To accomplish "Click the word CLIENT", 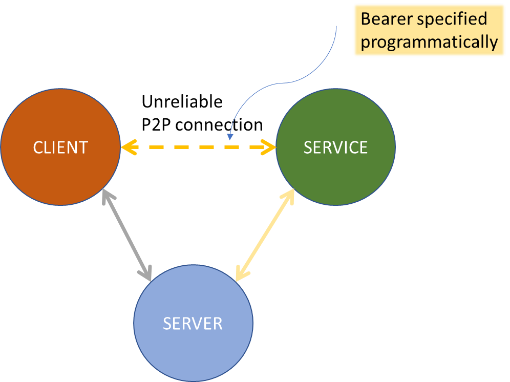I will click(x=60, y=147).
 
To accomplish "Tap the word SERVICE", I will click(x=335, y=147).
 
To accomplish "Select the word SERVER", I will click(x=193, y=324).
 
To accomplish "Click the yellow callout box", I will click(x=429, y=30).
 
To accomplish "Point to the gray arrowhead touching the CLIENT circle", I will click(x=105, y=195).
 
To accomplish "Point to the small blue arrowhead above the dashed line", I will click(x=230, y=137).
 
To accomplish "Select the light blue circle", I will click(x=193, y=353).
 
